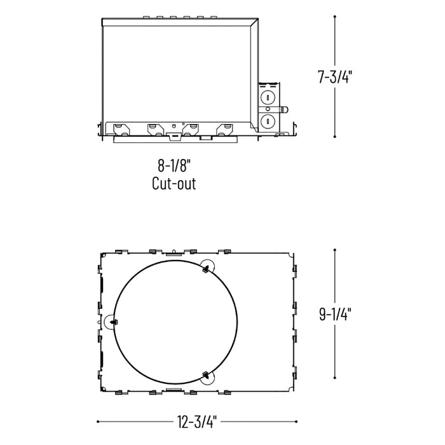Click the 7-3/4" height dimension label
pyautogui.click(x=335, y=78)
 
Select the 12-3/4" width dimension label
pyautogui.click(x=197, y=421)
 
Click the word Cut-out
pyautogui.click(x=174, y=184)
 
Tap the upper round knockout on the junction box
pyautogui.click(x=269, y=98)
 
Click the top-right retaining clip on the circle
pyautogui.click(x=205, y=270)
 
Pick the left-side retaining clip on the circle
pyautogui.click(x=113, y=322)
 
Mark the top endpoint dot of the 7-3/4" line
pyautogui.click(x=335, y=17)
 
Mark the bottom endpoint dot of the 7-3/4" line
pyautogui.click(x=335, y=136)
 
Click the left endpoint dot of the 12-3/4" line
pyautogui.click(x=98, y=421)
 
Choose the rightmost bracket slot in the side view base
pyautogui.click(x=224, y=129)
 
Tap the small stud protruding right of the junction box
pyautogui.click(x=284, y=109)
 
